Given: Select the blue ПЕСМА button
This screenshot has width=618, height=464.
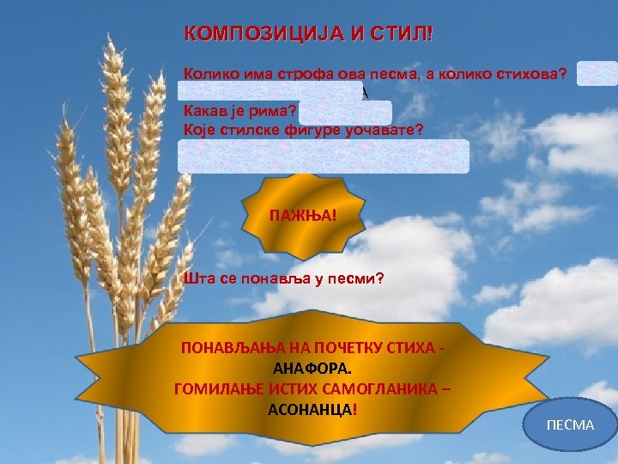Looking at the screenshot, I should coord(570,424).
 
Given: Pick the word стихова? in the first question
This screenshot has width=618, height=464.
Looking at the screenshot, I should coord(531,75).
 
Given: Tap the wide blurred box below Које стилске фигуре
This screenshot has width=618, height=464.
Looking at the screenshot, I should coord(324,156).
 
